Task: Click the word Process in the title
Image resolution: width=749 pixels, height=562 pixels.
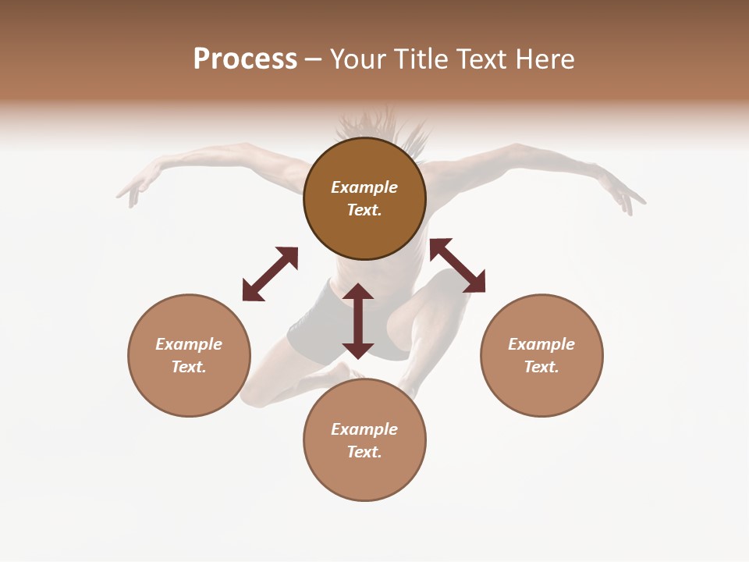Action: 245,59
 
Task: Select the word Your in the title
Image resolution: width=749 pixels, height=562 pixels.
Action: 358,59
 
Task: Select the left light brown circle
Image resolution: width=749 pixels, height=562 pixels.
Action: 189,390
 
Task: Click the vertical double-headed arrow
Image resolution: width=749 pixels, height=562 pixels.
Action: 358,321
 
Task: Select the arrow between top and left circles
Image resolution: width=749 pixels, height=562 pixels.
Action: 270,274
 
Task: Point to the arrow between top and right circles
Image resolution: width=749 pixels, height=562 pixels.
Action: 457,265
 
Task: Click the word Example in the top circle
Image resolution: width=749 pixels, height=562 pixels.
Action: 364,187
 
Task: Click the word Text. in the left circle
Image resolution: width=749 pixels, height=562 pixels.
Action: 189,367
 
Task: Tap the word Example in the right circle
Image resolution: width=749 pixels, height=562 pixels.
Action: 541,344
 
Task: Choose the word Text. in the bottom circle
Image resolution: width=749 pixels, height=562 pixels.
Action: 364,452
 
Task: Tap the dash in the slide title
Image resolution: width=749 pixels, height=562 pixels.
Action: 313,60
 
